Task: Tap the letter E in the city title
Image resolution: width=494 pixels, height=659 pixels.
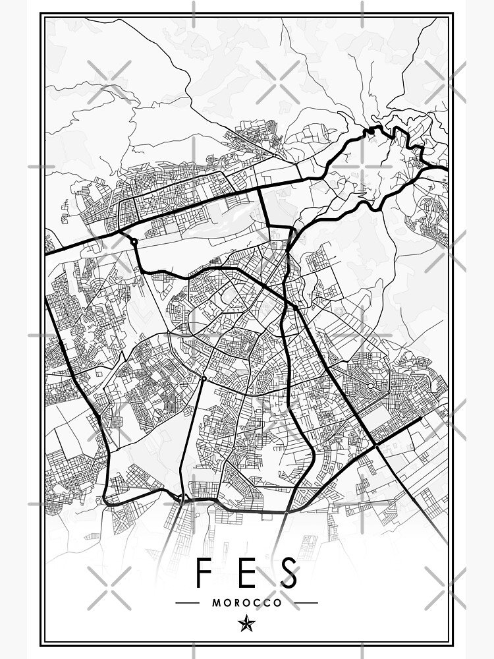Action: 247,573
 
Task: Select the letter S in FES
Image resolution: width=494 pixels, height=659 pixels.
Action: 289,573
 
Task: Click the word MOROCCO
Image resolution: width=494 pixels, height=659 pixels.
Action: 247,602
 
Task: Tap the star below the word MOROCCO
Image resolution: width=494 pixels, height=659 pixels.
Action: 247,622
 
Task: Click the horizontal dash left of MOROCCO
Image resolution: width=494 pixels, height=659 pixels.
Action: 188,602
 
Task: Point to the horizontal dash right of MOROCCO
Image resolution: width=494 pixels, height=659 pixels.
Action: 306,602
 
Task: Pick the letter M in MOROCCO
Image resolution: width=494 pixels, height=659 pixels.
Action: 216,602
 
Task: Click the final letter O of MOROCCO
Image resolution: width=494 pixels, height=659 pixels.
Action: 278,602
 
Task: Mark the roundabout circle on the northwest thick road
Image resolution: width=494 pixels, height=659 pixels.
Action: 134,242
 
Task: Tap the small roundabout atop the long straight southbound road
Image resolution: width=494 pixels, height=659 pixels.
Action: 204,379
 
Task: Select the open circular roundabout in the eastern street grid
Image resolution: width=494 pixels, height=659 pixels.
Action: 370,385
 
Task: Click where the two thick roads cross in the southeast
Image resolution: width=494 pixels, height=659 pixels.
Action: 375,446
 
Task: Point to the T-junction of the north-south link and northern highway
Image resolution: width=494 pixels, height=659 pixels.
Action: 261,188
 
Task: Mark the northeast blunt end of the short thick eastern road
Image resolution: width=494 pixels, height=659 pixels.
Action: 420,417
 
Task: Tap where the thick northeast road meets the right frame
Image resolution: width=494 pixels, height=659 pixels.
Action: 447,169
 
